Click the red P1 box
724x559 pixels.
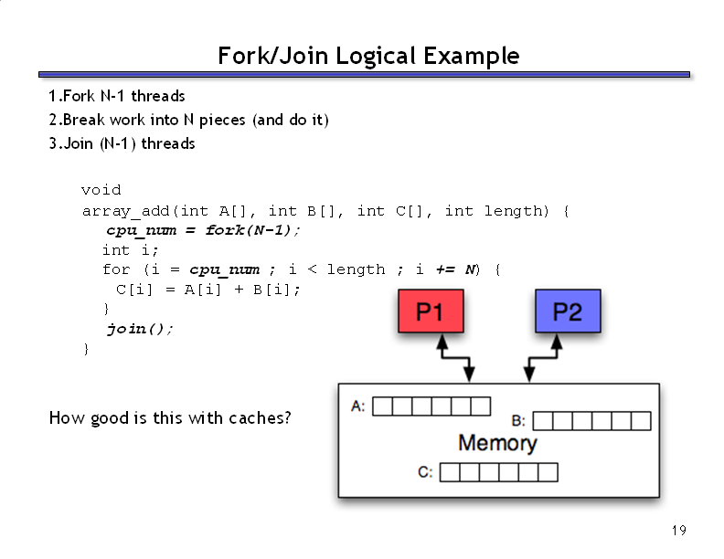pos(431,311)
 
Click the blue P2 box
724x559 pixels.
pos(568,311)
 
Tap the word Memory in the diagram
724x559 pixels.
pos(497,443)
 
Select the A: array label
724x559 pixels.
pos(357,406)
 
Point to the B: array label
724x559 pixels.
pos(518,421)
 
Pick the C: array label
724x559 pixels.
pos(425,472)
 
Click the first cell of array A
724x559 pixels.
pos(382,406)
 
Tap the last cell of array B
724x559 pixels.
pos(642,421)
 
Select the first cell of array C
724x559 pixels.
pos(450,472)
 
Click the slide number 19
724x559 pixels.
pos(678,531)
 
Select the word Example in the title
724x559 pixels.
pos(472,57)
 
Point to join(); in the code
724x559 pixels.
pos(140,329)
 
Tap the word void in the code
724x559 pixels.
pos(101,190)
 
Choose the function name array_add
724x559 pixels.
pos(126,211)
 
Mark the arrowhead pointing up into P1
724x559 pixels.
pos(442,342)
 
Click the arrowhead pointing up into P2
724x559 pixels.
pos(557,342)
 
